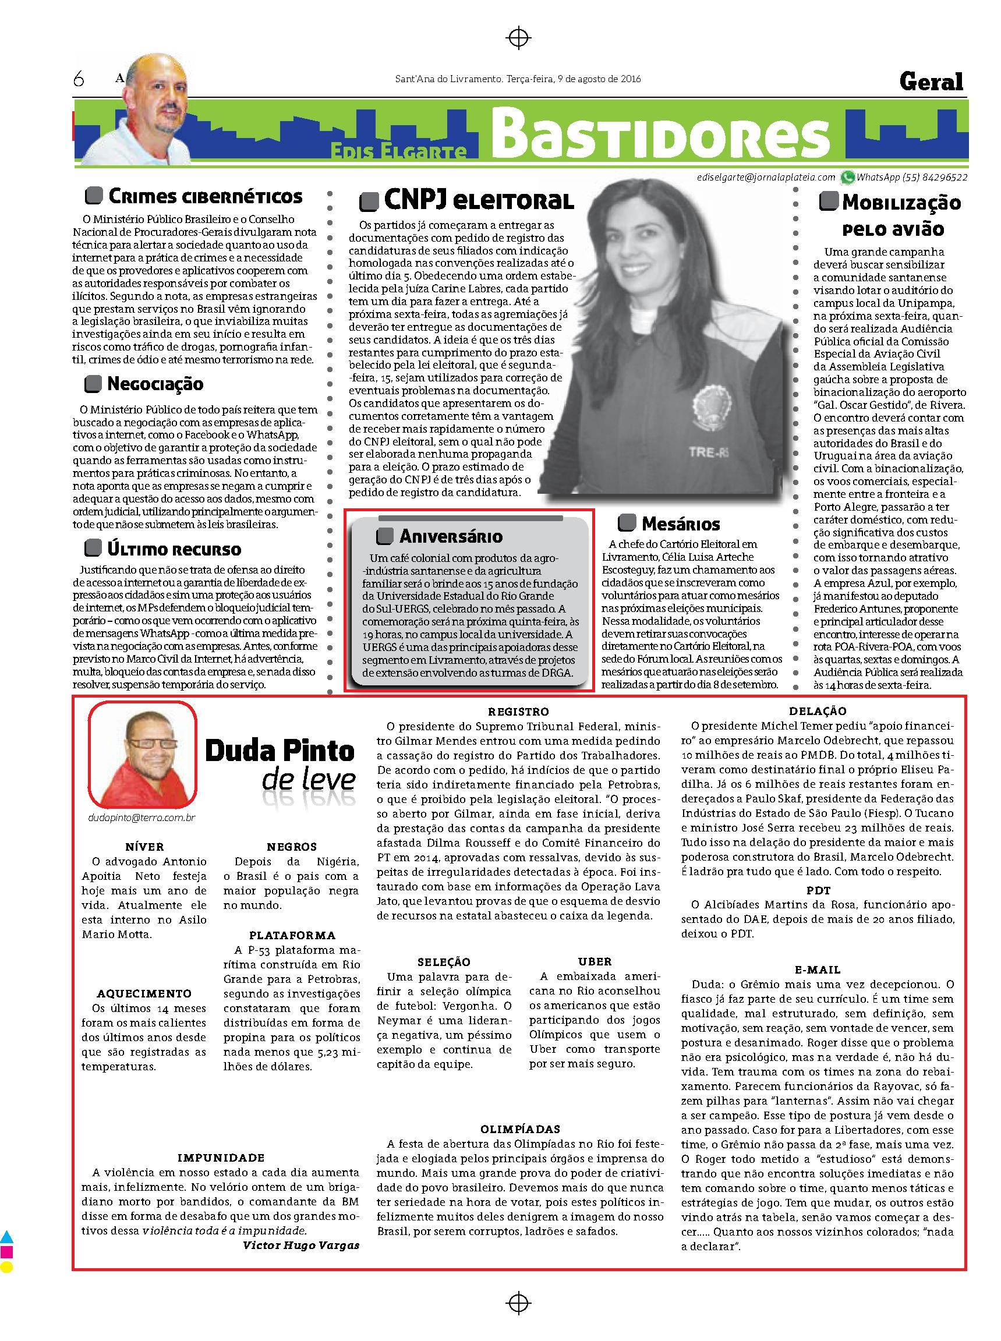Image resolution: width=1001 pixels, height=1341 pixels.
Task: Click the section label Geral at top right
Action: point(931,81)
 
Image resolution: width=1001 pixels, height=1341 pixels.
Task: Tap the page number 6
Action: point(78,79)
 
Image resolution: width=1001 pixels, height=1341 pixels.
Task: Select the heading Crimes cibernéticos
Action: point(205,196)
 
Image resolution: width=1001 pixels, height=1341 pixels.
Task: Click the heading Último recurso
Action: point(174,549)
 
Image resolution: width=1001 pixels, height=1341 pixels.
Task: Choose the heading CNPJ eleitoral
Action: point(478,200)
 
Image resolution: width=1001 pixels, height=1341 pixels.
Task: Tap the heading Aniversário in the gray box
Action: point(450,536)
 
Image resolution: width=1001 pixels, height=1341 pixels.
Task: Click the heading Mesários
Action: point(681,523)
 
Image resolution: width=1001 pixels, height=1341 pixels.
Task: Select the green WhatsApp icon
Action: point(846,178)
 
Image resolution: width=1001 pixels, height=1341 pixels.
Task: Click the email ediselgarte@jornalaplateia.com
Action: point(766,178)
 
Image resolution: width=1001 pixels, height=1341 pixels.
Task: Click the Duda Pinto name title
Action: point(280,751)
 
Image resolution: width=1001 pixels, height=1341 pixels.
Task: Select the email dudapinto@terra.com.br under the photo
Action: point(142,818)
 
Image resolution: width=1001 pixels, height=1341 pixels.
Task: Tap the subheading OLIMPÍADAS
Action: point(520,1130)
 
